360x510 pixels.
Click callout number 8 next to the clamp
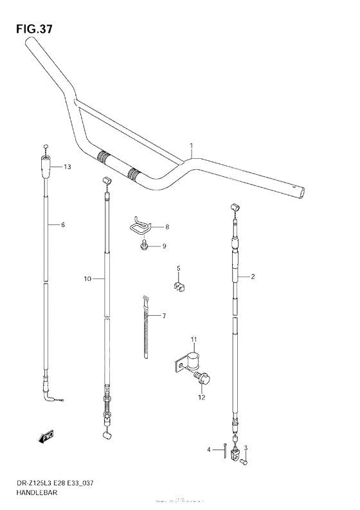[166, 227]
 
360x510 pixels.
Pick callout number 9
[165, 246]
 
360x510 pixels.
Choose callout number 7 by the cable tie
[164, 316]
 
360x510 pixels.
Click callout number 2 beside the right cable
[253, 277]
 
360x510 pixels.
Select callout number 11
[192, 339]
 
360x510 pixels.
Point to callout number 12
[201, 397]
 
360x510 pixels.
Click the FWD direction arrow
[46, 438]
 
